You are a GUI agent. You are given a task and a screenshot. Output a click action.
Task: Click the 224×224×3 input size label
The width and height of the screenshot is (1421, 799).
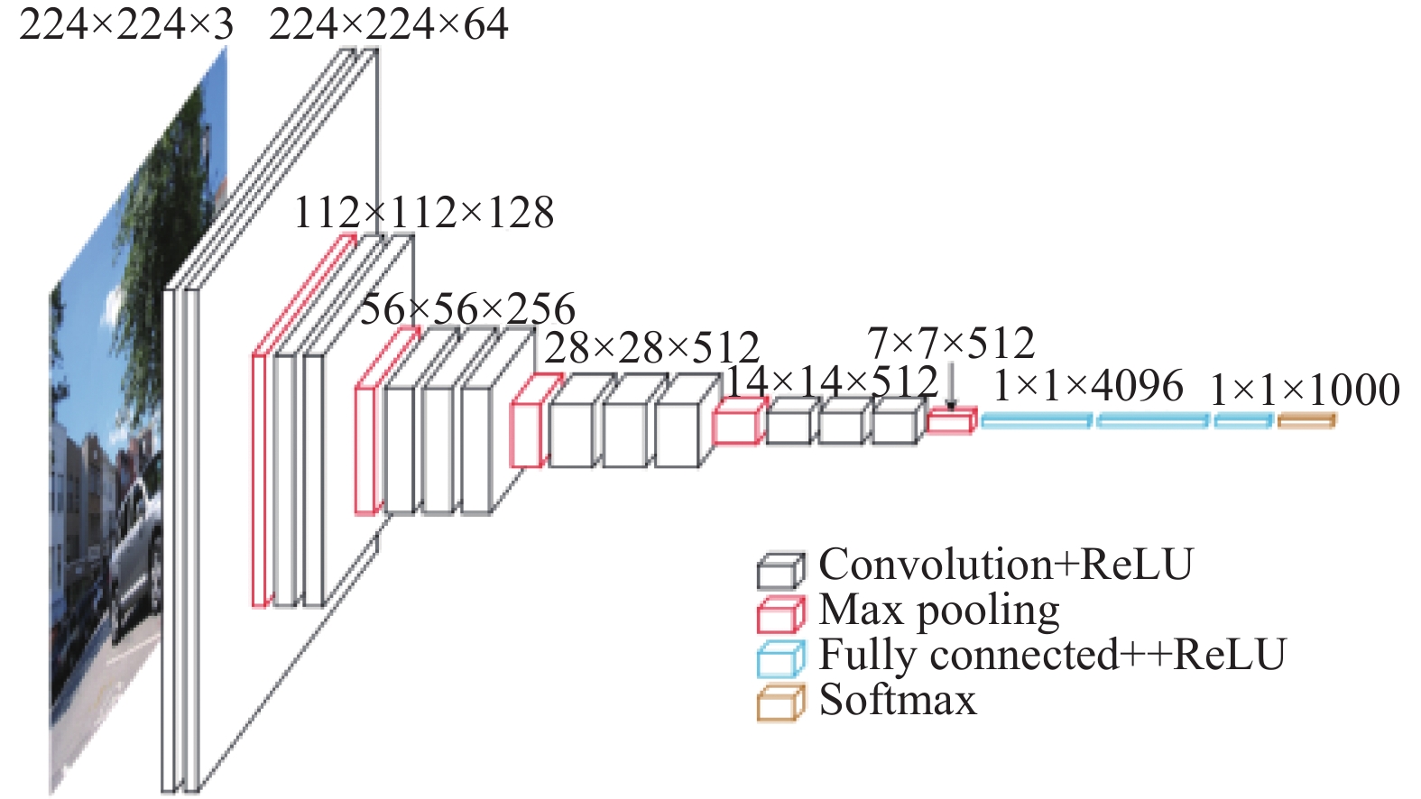[x=126, y=25]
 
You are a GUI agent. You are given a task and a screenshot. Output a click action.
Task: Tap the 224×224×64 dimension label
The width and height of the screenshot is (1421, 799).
[x=388, y=25]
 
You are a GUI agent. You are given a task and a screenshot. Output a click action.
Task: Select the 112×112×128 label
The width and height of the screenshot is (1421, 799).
[x=424, y=213]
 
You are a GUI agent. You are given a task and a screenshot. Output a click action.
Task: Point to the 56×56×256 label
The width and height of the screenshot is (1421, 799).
[x=467, y=308]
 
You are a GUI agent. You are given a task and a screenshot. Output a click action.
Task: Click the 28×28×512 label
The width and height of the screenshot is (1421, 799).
[x=651, y=347]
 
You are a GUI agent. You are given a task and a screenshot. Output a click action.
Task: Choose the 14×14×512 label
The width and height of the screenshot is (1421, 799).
[x=830, y=382]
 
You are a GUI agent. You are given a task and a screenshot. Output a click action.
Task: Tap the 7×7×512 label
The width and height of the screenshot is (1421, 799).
[x=950, y=344]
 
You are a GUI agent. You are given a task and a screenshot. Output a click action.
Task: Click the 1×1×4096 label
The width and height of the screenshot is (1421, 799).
[x=1088, y=386]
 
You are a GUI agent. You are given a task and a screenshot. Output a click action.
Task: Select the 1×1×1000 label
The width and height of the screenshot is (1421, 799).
[x=1305, y=390]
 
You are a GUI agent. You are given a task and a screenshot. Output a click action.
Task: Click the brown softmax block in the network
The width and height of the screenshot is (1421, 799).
[x=1306, y=420]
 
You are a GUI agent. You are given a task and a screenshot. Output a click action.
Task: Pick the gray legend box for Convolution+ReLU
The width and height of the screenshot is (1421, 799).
[x=781, y=570]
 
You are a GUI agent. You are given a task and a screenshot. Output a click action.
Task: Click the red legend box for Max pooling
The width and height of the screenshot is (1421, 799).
[x=781, y=614]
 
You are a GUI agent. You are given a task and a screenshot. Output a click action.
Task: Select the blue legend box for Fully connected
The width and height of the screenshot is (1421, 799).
[x=781, y=658]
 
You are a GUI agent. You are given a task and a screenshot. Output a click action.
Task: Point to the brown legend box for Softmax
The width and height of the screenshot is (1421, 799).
[x=781, y=703]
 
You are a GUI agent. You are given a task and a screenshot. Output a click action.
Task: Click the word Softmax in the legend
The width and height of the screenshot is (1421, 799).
[x=898, y=700]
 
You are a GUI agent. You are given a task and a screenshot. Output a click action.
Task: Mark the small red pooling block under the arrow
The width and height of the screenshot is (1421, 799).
[x=951, y=421]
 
